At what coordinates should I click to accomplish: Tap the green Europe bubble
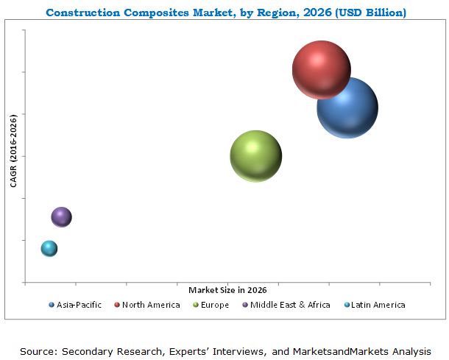pos(256,156)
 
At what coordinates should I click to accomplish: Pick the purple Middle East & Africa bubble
pos(61,216)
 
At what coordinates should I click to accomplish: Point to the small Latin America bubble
pos(49,248)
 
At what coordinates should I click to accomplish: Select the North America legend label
pos(151,305)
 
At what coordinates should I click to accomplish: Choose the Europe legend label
pos(215,305)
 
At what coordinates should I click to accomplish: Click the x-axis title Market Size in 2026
pos(227,289)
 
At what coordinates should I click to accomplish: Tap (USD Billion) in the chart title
pos(373,13)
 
